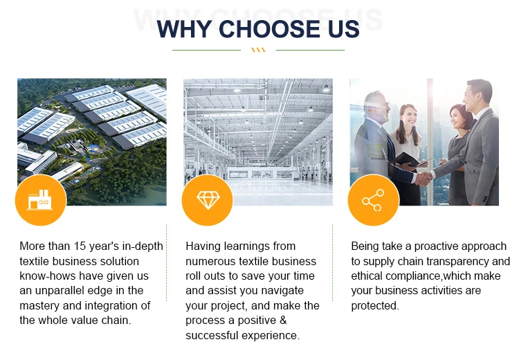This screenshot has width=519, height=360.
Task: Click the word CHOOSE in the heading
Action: (269, 29)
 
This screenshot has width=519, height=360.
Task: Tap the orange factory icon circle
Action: (41, 200)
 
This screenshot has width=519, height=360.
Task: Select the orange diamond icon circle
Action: (208, 200)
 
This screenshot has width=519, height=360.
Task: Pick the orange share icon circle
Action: (374, 200)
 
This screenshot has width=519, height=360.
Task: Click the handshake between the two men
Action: (424, 179)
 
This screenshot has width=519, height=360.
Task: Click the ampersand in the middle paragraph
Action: (283, 321)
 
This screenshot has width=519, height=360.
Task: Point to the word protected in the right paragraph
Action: (374, 305)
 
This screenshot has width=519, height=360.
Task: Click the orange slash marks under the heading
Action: (258, 50)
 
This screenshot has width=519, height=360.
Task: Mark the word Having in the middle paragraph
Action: (203, 246)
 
